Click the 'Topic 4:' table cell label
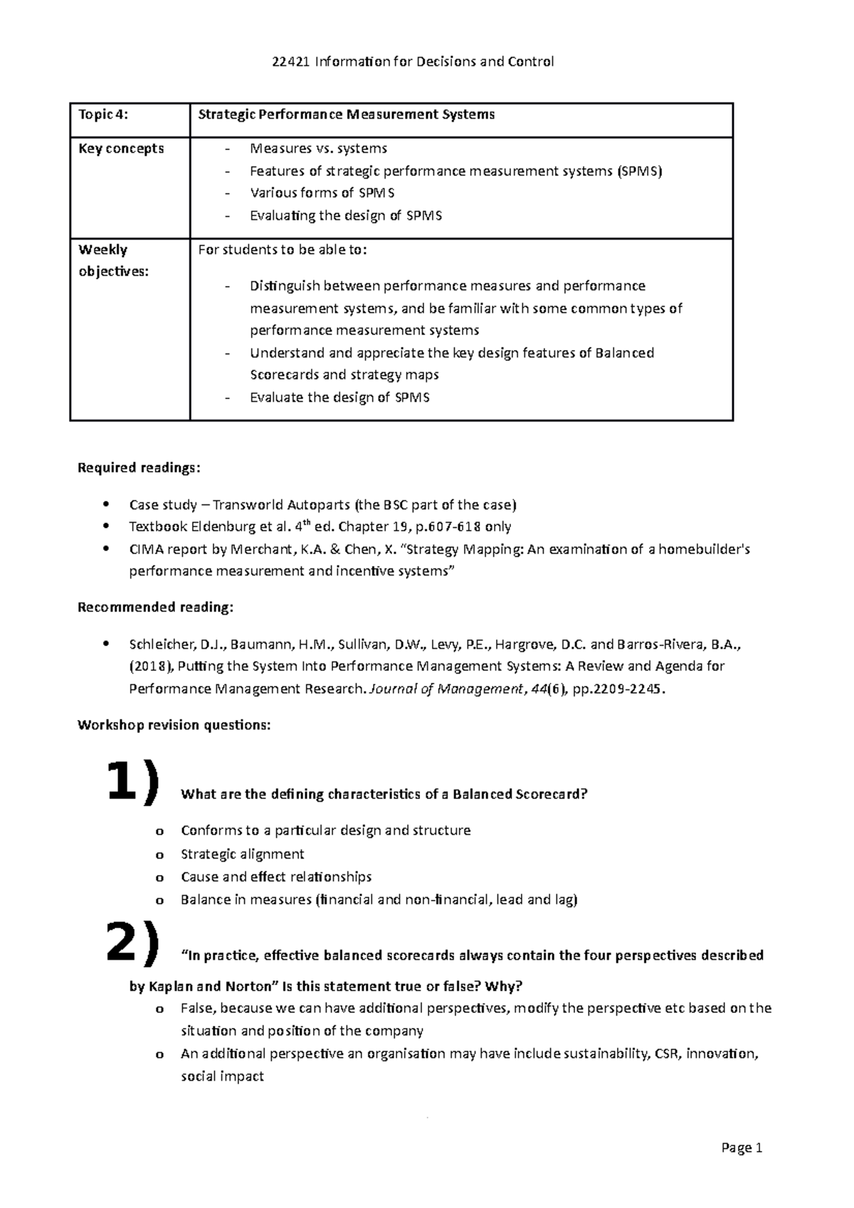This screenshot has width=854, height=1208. click(x=102, y=115)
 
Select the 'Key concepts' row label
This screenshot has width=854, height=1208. click(x=121, y=149)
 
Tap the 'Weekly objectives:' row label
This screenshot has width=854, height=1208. click(x=113, y=260)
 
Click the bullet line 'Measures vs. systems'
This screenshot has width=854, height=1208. click(x=318, y=149)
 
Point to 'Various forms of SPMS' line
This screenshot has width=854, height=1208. click(x=322, y=193)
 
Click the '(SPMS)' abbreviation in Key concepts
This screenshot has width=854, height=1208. click(x=639, y=171)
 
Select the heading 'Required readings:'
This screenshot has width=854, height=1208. click(x=139, y=468)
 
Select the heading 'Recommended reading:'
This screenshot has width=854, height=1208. click(x=154, y=608)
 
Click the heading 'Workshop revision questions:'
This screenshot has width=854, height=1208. click(x=174, y=726)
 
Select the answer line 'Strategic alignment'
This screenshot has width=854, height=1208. click(x=242, y=854)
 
